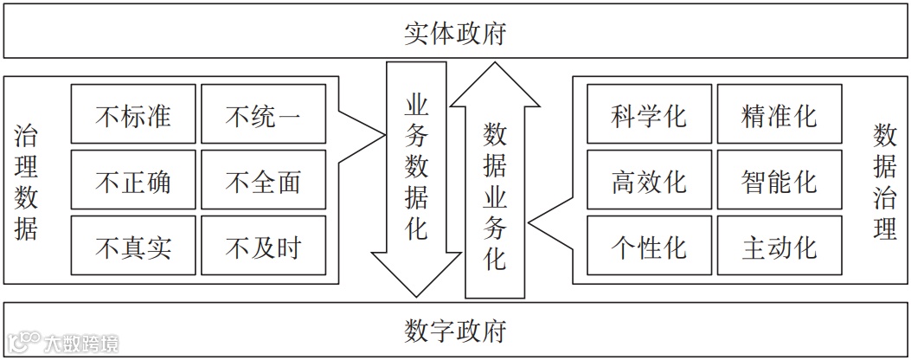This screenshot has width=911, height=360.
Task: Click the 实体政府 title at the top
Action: (455, 34)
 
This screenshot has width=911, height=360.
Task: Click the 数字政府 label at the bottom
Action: (455, 330)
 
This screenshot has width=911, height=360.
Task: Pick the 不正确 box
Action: (133, 181)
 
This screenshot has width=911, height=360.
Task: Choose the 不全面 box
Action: (263, 181)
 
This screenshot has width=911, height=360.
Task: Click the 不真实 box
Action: (133, 247)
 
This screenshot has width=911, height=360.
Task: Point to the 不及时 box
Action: (263, 247)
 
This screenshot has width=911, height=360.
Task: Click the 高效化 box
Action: (649, 181)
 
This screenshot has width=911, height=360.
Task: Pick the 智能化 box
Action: (779, 181)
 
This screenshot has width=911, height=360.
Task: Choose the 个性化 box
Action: (649, 247)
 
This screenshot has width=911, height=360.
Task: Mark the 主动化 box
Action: (779, 247)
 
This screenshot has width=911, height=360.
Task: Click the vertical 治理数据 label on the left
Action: (26, 181)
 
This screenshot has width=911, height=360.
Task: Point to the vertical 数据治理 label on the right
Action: (884, 181)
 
